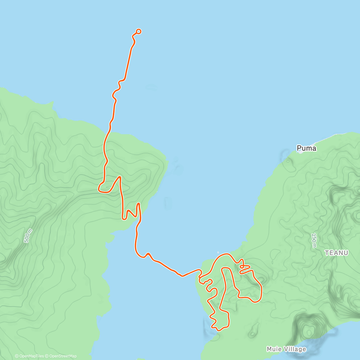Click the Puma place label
tap(306, 148)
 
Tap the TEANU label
tap(337, 253)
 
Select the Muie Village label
tap(286, 349)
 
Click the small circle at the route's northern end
tap(139, 31)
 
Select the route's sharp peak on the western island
tap(120, 177)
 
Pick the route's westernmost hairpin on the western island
tap(99, 189)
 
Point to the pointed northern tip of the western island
tap(53, 103)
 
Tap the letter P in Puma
tap(299, 148)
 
